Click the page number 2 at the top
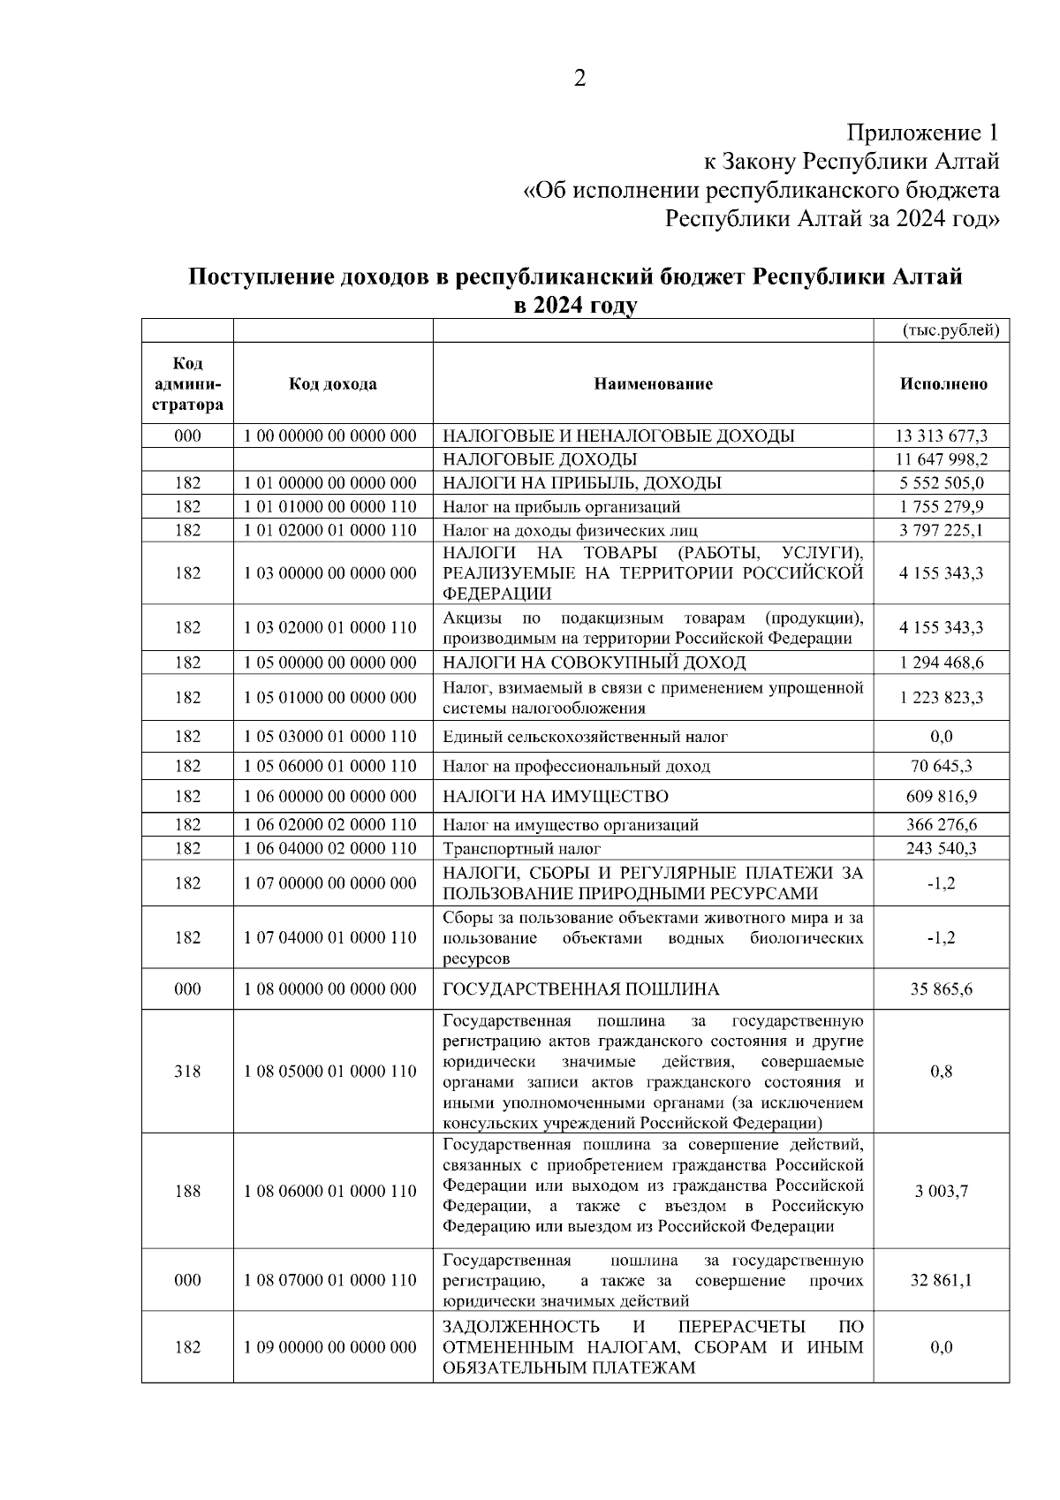coord(579,79)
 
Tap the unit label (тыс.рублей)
coord(950,330)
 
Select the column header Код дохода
coord(332,383)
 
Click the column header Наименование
coord(653,383)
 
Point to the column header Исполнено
coord(943,383)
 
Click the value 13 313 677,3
coord(942,436)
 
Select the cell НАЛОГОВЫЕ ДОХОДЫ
coord(540,459)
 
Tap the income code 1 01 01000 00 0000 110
coord(329,507)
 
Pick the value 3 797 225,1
coord(942,531)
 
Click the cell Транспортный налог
coord(521,849)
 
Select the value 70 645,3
coord(942,766)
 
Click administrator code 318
coord(187,1072)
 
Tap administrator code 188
coord(187,1191)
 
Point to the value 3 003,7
coord(942,1191)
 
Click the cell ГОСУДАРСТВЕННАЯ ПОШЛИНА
coord(580,989)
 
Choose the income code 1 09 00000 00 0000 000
coord(329,1348)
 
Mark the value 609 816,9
coord(942,797)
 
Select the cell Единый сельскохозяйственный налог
coord(585,737)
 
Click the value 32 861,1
coord(942,1280)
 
